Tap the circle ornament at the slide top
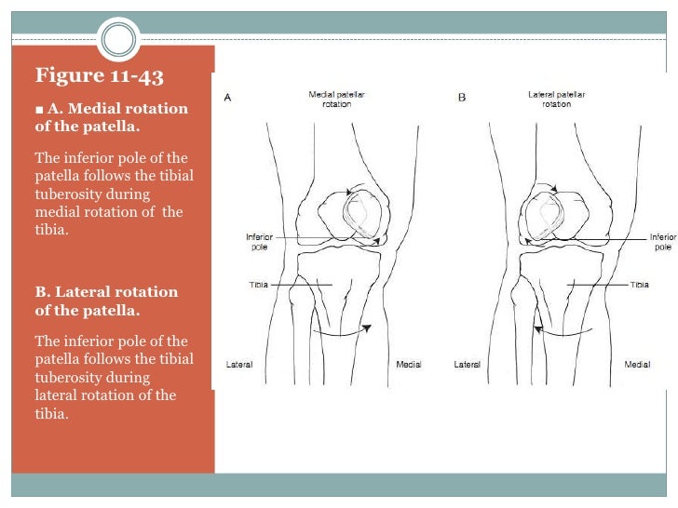point(118,38)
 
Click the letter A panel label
point(228,97)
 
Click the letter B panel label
point(461,97)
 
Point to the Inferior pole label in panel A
point(259,242)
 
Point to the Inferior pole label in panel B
point(663,242)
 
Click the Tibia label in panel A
point(259,284)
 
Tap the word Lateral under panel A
point(239,364)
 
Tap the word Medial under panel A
point(409,364)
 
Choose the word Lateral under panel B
point(467,364)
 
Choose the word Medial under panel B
point(637,364)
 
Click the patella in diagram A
point(361,215)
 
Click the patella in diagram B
point(543,215)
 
